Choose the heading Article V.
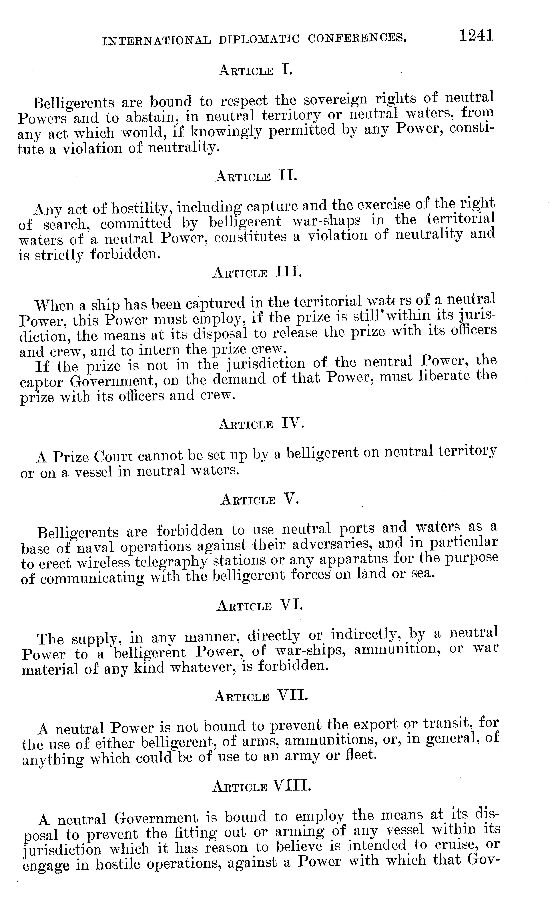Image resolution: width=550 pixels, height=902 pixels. point(260,500)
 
